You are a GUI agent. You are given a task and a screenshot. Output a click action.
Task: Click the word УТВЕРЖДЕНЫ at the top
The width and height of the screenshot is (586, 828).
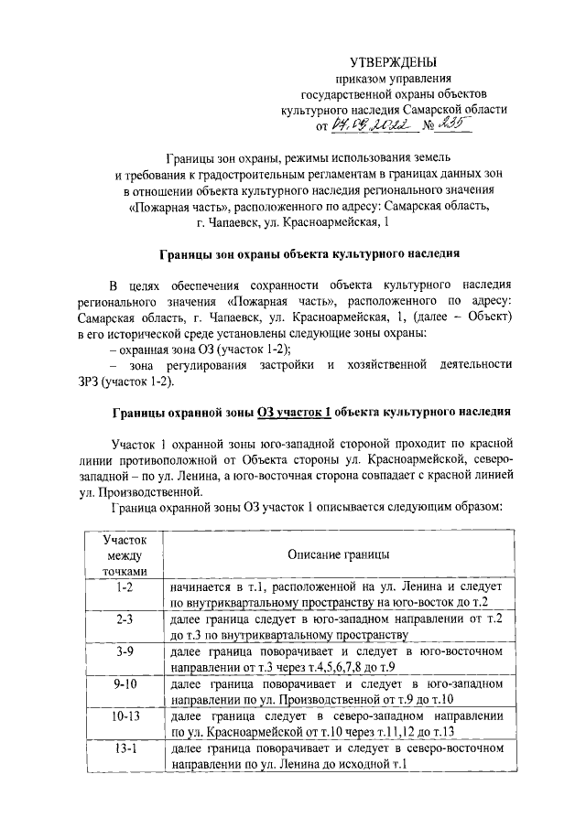point(396,61)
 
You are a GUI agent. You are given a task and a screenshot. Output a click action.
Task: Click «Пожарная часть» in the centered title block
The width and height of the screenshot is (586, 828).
point(170,206)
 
